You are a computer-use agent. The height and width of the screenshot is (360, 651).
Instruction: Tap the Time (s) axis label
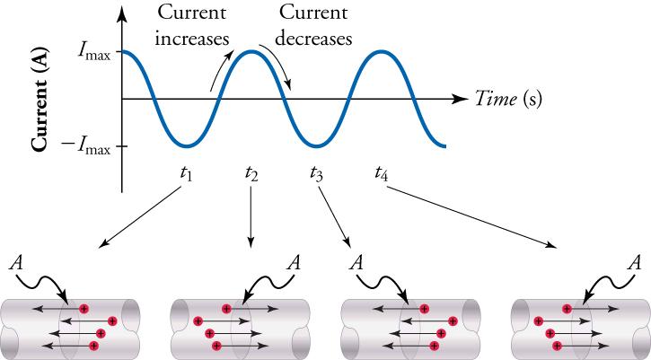pos(508,97)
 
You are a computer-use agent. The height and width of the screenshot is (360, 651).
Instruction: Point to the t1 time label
pos(186,173)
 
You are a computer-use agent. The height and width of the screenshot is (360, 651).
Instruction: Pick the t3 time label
pos(316,173)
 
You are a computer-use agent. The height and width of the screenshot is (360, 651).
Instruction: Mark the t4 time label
pos(381,173)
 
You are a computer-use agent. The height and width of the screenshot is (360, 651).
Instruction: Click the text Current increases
pos(191,26)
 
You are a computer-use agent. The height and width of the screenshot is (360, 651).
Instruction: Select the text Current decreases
pos(314,26)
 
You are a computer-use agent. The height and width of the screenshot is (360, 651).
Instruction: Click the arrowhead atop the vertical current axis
pos(122,13)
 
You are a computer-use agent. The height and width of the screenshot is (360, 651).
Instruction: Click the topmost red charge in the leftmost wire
pos(84,308)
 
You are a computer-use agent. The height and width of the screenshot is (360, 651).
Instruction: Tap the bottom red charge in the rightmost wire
pos(557,345)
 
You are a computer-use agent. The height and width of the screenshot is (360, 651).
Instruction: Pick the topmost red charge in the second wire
pos(226,308)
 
